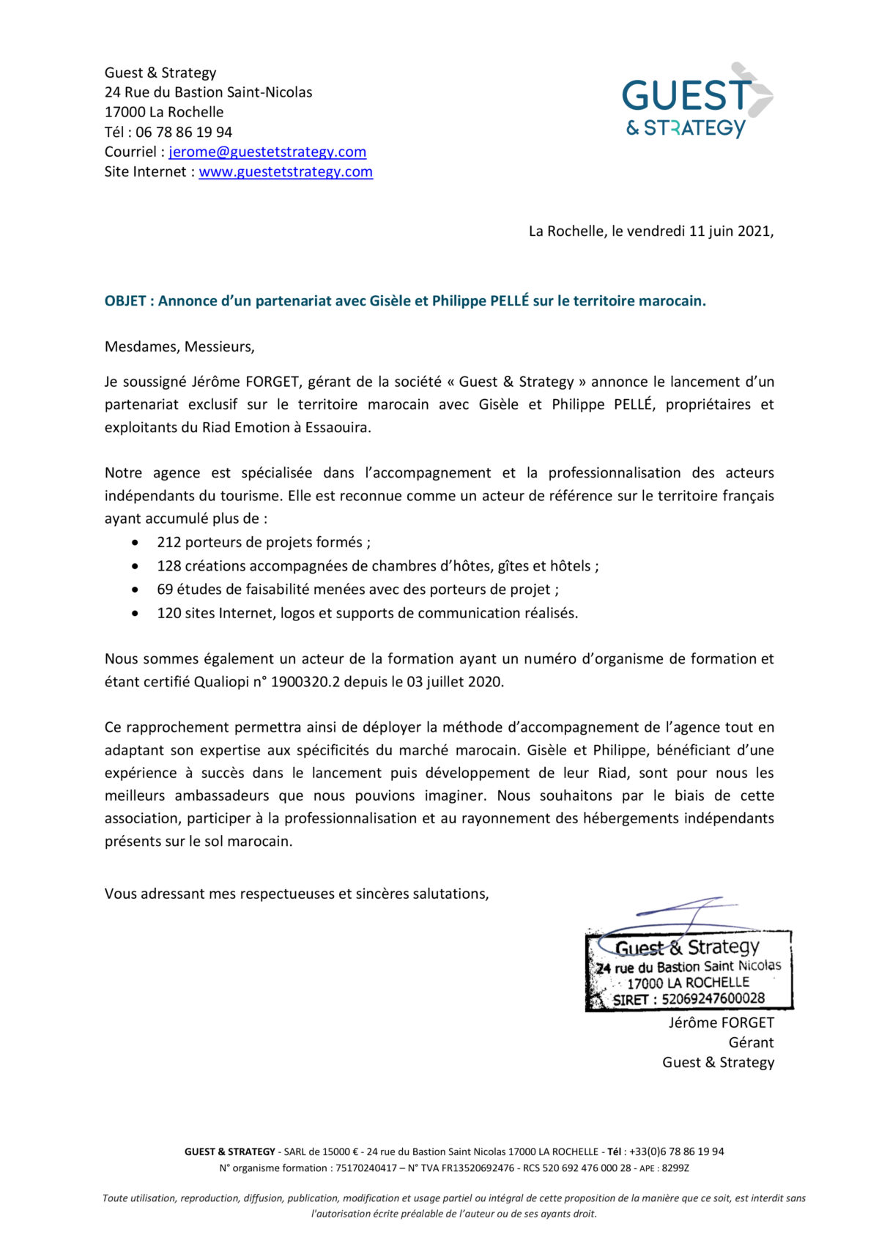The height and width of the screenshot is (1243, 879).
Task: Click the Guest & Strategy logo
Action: [697, 101]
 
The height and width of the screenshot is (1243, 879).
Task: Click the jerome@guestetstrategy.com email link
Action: [267, 152]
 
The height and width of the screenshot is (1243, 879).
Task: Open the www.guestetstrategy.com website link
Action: [286, 171]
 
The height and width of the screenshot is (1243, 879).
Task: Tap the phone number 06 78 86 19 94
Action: [184, 132]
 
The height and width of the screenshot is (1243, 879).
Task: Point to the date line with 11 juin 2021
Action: [650, 231]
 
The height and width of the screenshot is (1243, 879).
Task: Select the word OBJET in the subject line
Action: [125, 301]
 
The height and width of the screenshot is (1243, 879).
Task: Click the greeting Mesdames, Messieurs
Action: [179, 346]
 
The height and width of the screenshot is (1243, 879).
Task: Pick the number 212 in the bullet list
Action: [168, 542]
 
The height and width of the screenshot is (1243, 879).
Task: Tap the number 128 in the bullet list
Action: [168, 565]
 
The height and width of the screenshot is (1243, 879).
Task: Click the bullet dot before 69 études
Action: [135, 589]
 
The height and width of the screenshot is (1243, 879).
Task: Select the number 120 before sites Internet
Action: [168, 612]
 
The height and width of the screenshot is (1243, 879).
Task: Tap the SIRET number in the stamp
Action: [713, 998]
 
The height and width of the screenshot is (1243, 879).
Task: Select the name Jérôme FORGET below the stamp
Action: [721, 1023]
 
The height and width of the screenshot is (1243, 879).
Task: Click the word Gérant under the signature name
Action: [751, 1042]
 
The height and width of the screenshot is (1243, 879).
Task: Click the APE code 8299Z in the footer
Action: [675, 1168]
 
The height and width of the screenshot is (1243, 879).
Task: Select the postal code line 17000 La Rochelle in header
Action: [164, 112]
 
